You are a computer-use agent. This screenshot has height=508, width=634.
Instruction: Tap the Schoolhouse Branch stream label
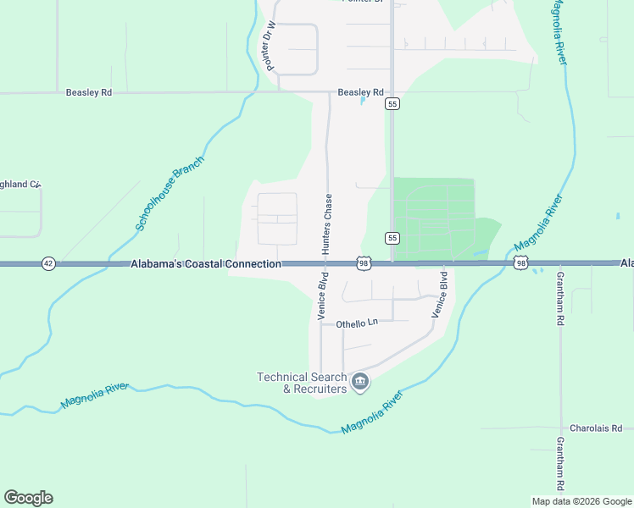click(x=170, y=194)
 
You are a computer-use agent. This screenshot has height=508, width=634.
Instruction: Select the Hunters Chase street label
click(x=326, y=224)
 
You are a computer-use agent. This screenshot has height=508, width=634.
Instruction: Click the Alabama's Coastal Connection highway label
click(x=206, y=264)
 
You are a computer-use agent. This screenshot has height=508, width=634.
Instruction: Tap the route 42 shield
click(x=48, y=264)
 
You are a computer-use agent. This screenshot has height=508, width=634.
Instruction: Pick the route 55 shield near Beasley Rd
click(x=392, y=103)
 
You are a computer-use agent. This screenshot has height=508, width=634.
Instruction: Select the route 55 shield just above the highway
click(x=392, y=238)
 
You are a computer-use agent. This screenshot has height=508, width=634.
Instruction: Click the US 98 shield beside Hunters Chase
click(x=363, y=264)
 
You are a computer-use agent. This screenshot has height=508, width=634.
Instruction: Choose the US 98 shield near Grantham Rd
click(x=520, y=264)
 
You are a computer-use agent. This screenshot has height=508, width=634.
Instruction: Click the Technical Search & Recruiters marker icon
click(x=360, y=383)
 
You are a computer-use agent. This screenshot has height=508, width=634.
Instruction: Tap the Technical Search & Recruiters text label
click(x=303, y=383)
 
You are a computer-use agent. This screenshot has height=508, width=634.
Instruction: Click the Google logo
click(x=28, y=498)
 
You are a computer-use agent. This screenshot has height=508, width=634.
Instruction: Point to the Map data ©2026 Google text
click(x=582, y=501)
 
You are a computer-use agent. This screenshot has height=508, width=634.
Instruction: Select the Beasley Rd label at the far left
click(x=89, y=92)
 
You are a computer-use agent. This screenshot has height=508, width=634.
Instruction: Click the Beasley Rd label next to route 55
click(x=361, y=92)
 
